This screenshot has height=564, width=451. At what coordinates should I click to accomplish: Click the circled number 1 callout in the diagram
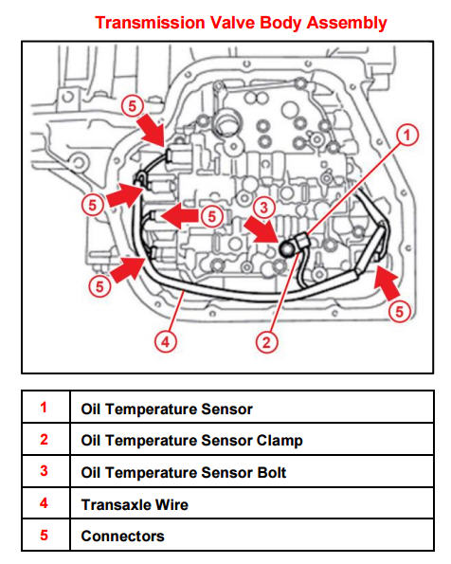click(x=407, y=135)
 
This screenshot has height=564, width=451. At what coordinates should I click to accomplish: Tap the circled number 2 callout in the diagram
click(x=266, y=341)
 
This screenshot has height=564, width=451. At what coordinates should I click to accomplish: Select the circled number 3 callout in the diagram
click(x=264, y=208)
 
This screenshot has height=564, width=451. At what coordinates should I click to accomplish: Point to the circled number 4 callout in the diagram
click(x=166, y=341)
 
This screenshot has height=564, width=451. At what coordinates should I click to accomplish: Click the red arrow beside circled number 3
click(x=262, y=230)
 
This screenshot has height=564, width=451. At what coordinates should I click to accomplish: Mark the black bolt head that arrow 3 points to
click(x=288, y=248)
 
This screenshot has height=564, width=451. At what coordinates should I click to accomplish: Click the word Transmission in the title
click(x=150, y=23)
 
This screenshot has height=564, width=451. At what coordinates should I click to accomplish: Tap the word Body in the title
click(x=280, y=24)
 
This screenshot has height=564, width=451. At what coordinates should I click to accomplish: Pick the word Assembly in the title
click(x=347, y=24)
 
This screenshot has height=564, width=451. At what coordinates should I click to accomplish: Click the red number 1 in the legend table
click(x=44, y=408)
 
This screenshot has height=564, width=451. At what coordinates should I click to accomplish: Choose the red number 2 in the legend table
click(x=44, y=439)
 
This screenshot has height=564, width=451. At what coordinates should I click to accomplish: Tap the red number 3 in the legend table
click(x=44, y=471)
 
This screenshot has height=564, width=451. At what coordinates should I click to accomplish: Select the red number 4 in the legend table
click(x=44, y=502)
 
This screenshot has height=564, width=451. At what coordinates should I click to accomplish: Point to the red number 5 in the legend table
click(x=44, y=535)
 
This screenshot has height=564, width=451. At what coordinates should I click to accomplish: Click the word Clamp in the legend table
click(x=280, y=441)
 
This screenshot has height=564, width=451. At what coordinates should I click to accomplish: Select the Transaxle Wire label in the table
click(x=135, y=504)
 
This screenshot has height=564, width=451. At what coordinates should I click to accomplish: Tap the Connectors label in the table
click(x=122, y=537)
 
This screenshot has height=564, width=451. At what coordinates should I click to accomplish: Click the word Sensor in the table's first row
click(x=226, y=409)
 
